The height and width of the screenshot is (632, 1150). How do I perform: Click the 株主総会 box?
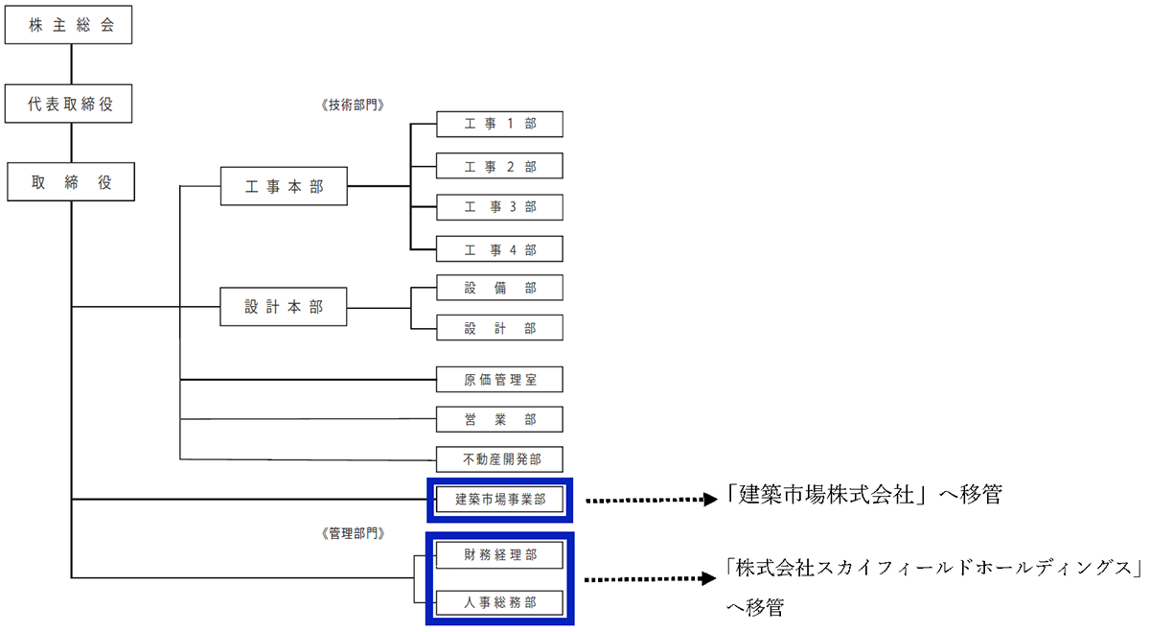click(67, 26)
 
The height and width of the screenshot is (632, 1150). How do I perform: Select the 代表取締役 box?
click(67, 105)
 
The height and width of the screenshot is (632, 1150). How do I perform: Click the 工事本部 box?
click(284, 186)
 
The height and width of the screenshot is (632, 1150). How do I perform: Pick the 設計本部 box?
click(284, 308)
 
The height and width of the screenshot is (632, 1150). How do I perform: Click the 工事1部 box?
click(499, 126)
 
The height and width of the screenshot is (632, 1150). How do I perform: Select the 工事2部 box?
click(499, 167)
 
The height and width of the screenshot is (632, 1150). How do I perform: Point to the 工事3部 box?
click(499, 207)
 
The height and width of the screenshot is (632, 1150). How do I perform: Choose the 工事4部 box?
click(499, 249)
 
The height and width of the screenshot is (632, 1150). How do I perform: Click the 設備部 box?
click(499, 288)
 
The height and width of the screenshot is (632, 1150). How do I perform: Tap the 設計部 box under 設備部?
click(499, 328)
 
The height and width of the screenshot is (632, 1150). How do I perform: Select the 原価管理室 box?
click(499, 380)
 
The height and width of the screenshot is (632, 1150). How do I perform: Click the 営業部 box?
click(499, 419)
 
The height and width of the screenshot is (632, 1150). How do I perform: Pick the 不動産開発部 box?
click(499, 459)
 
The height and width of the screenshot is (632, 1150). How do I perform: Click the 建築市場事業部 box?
click(499, 499)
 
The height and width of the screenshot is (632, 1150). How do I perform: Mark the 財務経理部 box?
click(499, 554)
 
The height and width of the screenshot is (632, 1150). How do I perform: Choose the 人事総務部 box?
click(499, 602)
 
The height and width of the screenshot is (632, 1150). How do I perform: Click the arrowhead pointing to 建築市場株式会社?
click(711, 500)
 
